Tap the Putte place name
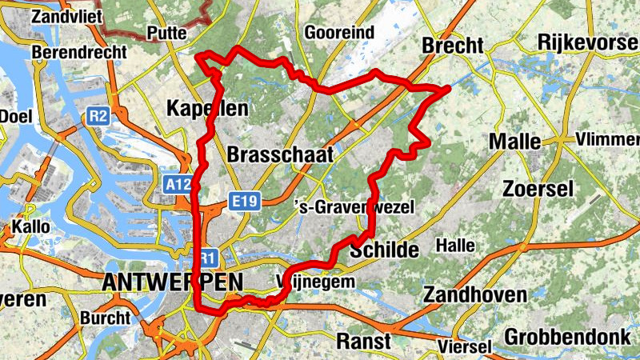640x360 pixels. click(x=166, y=33)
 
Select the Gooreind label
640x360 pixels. click(x=339, y=33)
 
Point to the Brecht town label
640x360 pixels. click(x=453, y=44)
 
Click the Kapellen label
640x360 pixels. click(x=207, y=108)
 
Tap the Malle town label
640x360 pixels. click(x=514, y=141)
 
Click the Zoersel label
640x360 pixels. click(x=538, y=189)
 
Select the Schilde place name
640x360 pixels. click(x=384, y=250)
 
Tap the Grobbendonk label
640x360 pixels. click(x=567, y=336)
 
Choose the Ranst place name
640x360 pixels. click(x=364, y=341)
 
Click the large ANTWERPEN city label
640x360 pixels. click(x=172, y=282)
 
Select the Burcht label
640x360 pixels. click(x=105, y=318)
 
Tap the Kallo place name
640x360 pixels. click(x=30, y=226)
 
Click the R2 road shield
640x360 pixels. click(x=98, y=117)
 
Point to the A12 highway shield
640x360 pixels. click(x=178, y=185)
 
